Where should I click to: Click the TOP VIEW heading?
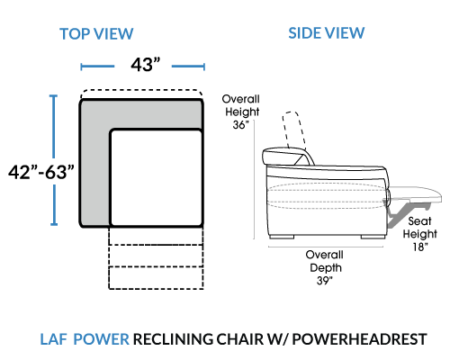[96, 33]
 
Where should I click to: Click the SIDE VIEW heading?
[327, 32]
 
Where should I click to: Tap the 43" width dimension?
[146, 64]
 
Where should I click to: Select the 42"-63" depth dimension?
[41, 172]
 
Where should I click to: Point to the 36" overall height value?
[240, 124]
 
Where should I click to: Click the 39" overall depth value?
[325, 281]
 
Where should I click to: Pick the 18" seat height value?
[420, 247]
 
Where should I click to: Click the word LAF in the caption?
[53, 339]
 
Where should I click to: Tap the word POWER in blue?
[102, 339]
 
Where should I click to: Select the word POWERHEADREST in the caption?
[359, 339]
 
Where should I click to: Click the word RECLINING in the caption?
[173, 339]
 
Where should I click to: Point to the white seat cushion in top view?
[156, 177]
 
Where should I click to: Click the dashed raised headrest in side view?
[295, 130]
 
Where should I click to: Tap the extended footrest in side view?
[416, 193]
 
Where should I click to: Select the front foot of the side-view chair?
[373, 237]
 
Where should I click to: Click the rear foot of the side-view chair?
[282, 237]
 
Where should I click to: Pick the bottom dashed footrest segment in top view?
[156, 278]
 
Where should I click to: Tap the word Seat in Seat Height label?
[419, 221]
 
